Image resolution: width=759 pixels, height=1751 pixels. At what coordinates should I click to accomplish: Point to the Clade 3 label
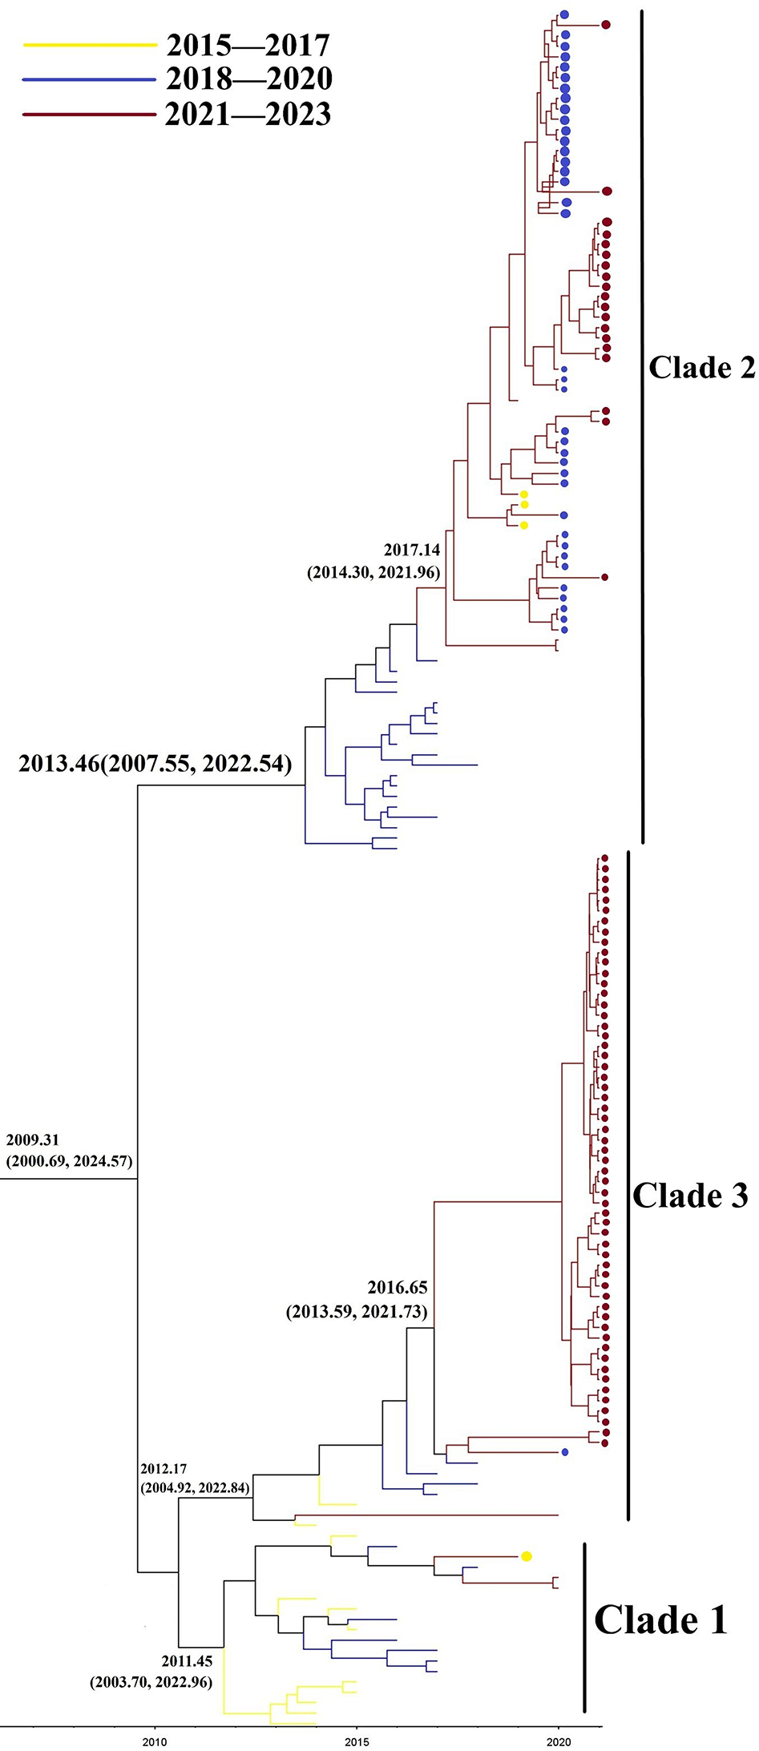pos(690,1195)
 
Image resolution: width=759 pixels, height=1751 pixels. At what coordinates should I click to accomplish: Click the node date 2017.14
pos(411,551)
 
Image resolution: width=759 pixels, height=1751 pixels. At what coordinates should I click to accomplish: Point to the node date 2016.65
pos(398,1288)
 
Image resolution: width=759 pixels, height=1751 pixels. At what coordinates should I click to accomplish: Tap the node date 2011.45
pos(186,1662)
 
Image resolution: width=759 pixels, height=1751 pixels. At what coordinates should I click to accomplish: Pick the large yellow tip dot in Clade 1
pos(527,1556)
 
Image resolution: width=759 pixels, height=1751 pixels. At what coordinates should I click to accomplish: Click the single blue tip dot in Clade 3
pos(565,1452)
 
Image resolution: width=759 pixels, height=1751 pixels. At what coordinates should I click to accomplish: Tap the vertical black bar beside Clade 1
pos(585,1627)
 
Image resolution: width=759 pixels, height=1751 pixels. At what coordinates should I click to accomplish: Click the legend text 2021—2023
pos(248,115)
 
